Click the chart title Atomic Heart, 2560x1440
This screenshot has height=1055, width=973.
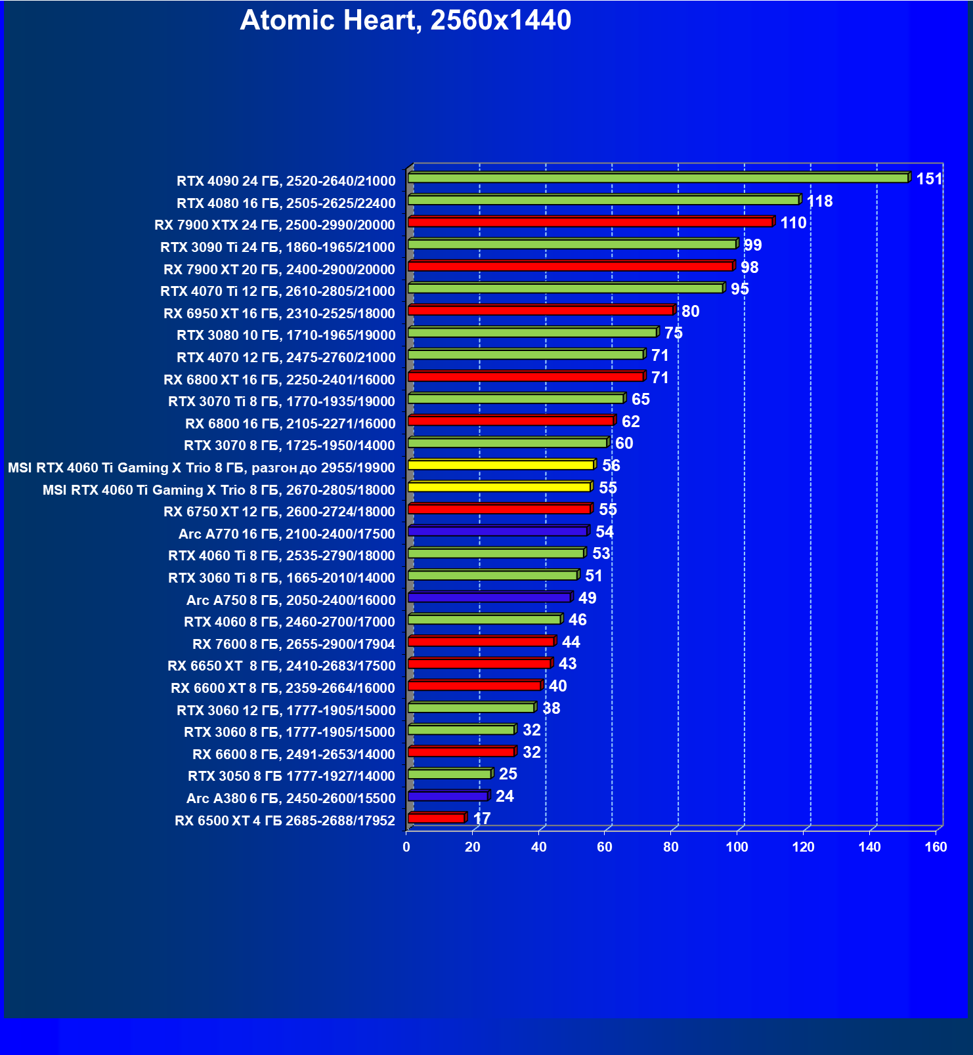coord(406,21)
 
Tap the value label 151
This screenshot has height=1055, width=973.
coord(929,179)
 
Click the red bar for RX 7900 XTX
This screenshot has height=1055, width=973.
coord(590,222)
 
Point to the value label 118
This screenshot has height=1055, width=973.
coord(819,201)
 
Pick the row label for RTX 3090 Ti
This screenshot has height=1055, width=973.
coord(278,247)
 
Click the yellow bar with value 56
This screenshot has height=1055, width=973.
coord(501,465)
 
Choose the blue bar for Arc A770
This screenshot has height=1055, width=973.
coord(498,531)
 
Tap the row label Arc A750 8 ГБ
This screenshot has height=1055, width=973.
coord(291,600)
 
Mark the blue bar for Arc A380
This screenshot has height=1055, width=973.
coord(448,796)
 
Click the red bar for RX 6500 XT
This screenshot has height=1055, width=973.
coord(436,818)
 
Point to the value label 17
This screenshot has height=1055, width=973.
coord(482,819)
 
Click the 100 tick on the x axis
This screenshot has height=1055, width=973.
coord(737,847)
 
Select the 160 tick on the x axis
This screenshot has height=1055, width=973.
coord(936,847)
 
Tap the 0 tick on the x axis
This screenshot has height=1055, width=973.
coord(406,847)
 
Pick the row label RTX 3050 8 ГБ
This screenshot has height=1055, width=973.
coord(292,776)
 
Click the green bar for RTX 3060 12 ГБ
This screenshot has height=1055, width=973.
coord(471,708)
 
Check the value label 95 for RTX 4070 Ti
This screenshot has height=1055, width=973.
coord(740,289)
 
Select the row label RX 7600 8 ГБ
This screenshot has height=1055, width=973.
coord(294,644)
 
